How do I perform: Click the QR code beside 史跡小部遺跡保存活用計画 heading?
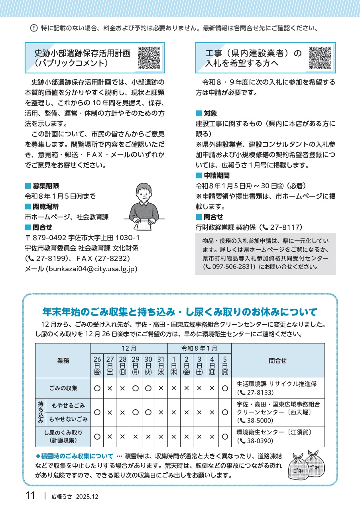click(150, 58)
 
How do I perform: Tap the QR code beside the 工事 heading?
click(320, 58)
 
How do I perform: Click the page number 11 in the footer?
click(30, 496)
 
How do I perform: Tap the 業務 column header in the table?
click(63, 361)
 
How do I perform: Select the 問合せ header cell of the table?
click(277, 361)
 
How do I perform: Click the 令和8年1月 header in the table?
click(199, 348)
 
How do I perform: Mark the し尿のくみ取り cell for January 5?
click(225, 436)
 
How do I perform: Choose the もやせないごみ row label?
click(67, 419)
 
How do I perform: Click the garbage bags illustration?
click(306, 466)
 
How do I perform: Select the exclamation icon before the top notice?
click(34, 28)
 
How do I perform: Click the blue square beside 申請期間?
click(199, 176)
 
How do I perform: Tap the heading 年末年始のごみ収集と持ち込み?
click(179, 312)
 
